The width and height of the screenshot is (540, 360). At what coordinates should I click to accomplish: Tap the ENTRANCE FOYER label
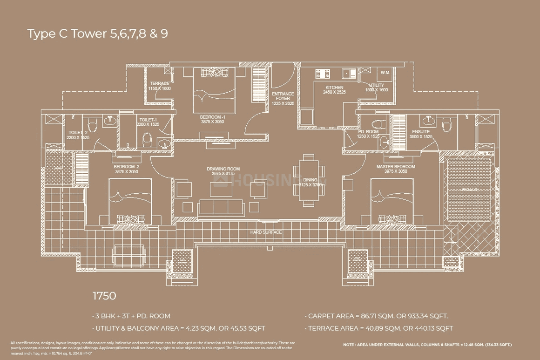tap(283, 96)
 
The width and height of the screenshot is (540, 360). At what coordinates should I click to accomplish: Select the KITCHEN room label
tap(334, 88)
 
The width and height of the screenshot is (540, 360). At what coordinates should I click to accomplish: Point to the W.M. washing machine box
tap(385, 73)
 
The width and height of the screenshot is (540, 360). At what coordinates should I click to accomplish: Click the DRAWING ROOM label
tap(223, 169)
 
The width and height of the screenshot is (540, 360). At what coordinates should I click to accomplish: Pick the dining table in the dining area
tap(308, 179)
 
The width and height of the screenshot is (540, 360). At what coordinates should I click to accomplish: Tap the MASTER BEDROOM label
tap(396, 167)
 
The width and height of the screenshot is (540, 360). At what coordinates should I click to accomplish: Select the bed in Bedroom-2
tap(130, 200)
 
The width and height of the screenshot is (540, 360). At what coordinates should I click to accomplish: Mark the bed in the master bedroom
tap(392, 200)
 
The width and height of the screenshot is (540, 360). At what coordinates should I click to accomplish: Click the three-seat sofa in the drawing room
tap(221, 207)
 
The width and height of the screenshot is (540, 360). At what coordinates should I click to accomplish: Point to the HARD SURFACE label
tap(266, 232)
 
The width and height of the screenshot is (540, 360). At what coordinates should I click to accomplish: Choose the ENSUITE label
tap(421, 132)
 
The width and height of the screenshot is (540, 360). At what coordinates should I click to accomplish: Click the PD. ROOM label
tap(368, 132)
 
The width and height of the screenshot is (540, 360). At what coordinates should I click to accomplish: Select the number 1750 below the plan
tap(104, 296)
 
